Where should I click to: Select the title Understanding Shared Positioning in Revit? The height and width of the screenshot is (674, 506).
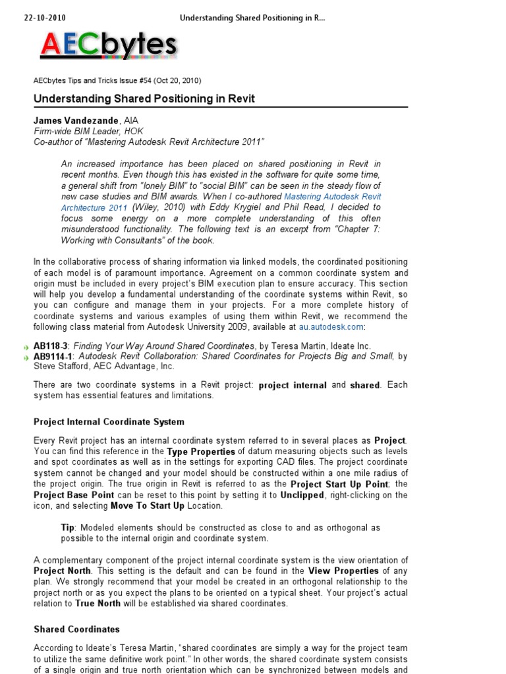pos(144,99)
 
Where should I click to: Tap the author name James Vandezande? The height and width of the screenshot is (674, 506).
pos(76,121)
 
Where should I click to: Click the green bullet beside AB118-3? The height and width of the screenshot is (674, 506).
pos(26,347)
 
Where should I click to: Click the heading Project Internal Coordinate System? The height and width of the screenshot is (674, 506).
pos(109,422)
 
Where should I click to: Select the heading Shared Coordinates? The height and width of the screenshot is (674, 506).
pos(76,629)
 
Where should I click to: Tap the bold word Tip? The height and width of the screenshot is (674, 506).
pos(68,528)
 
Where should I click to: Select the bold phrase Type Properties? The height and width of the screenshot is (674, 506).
pos(201,452)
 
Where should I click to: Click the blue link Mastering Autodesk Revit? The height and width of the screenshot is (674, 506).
pos(332,197)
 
